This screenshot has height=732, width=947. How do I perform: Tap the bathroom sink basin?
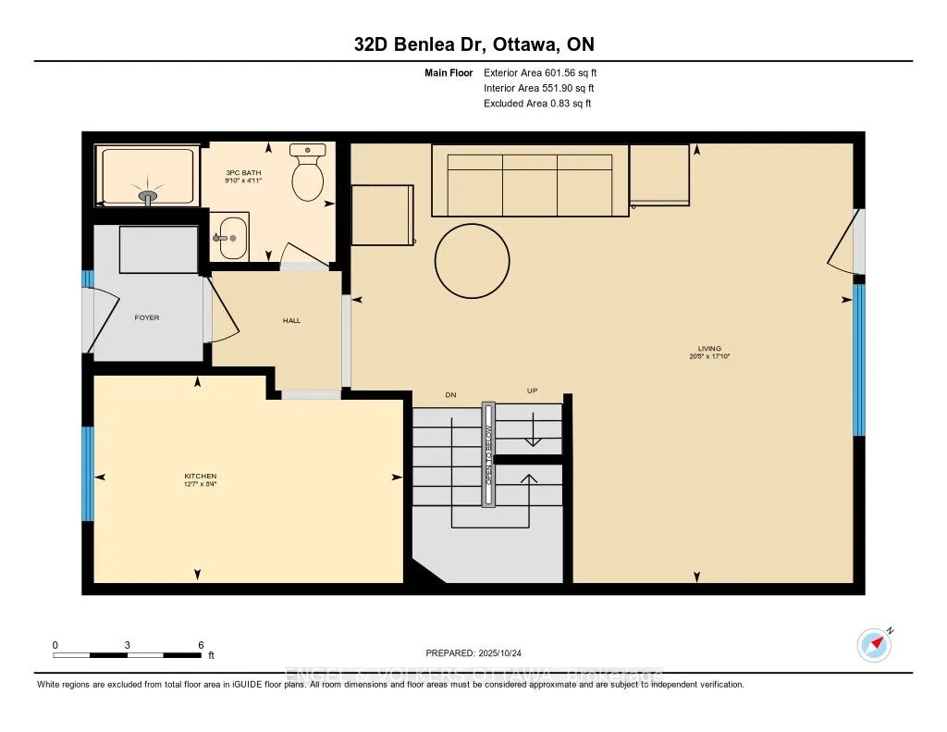tap(232, 238)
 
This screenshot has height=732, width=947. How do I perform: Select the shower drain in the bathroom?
tap(148, 196)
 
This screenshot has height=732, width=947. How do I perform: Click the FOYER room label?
tap(147, 317)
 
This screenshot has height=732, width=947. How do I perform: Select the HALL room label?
tap(291, 321)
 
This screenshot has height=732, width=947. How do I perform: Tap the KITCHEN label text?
tap(199, 477)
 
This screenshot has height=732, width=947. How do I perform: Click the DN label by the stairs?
tap(451, 395)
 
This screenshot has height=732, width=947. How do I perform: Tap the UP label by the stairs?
tap(533, 391)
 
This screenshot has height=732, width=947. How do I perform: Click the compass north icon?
tap(874, 644)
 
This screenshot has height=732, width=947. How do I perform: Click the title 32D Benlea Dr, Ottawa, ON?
tap(473, 44)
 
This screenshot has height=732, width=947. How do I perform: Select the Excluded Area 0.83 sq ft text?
tap(537, 104)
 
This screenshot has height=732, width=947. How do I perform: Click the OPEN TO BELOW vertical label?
tap(488, 453)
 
